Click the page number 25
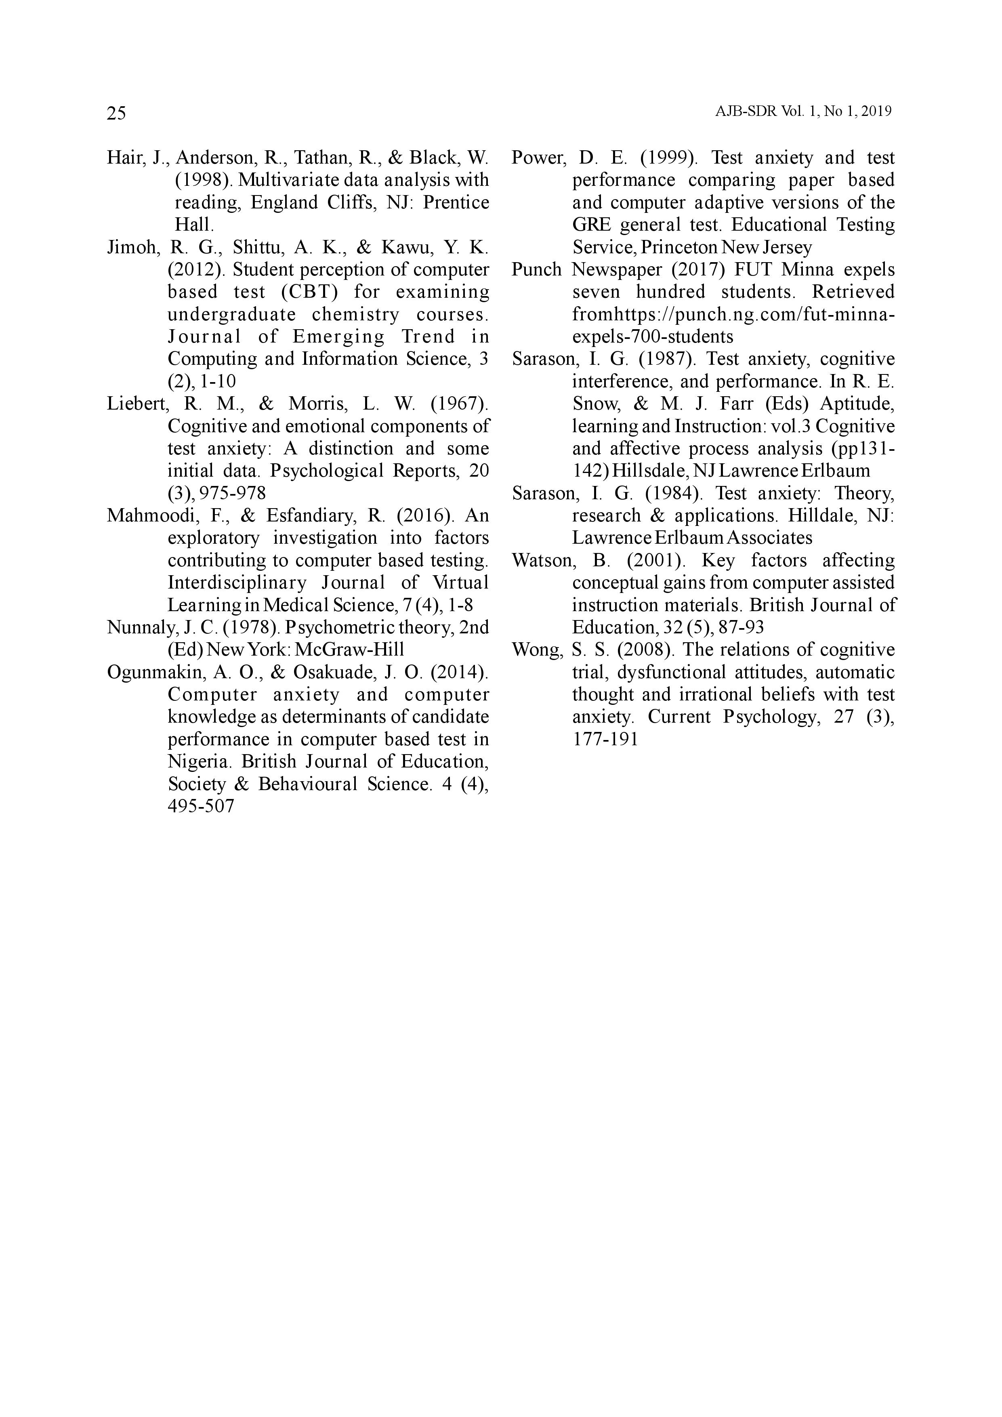[116, 113]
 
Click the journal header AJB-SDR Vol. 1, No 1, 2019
[803, 112]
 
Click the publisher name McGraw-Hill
[350, 650]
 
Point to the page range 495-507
[201, 806]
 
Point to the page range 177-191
[605, 739]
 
